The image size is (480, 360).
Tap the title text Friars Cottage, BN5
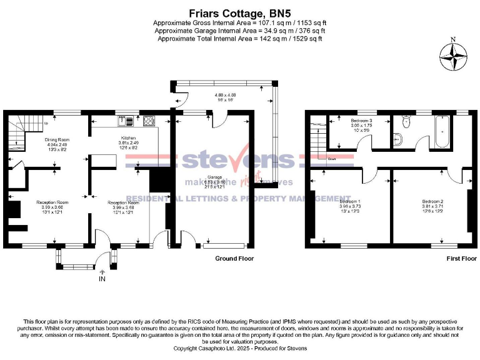(240, 12)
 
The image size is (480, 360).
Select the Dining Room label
(57, 139)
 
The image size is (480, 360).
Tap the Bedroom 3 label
(361, 120)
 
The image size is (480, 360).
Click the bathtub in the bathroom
(442, 132)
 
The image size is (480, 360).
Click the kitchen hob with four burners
(149, 121)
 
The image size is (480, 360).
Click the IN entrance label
(102, 279)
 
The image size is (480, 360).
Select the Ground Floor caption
(234, 258)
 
